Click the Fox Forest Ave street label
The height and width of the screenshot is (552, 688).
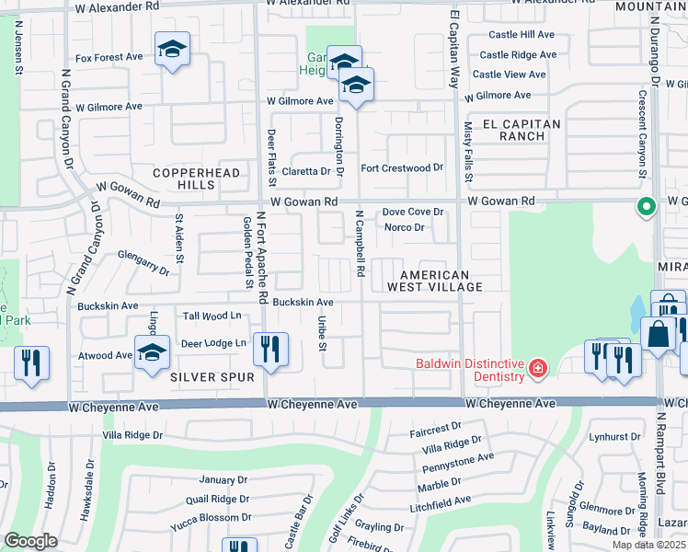click(x=109, y=57)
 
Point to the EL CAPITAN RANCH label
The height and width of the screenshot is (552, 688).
click(x=509, y=130)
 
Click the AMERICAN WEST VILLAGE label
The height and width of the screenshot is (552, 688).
click(x=435, y=281)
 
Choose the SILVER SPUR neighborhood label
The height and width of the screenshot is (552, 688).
click(x=204, y=376)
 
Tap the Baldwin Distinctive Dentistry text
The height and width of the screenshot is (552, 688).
click(x=469, y=369)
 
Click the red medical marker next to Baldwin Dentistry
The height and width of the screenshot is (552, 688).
click(x=538, y=370)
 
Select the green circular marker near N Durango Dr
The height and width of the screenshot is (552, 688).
click(x=646, y=207)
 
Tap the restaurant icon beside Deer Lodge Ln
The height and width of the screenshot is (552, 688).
click(x=271, y=349)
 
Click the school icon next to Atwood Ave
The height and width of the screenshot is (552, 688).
click(x=152, y=351)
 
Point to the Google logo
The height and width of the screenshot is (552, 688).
click(x=30, y=541)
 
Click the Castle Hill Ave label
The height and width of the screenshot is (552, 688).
click(x=522, y=34)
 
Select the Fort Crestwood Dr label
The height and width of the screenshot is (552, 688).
click(x=402, y=168)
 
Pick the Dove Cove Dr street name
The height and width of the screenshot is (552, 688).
click(x=413, y=212)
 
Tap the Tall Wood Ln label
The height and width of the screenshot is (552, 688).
click(x=212, y=316)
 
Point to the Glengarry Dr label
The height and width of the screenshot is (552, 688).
click(x=144, y=263)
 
